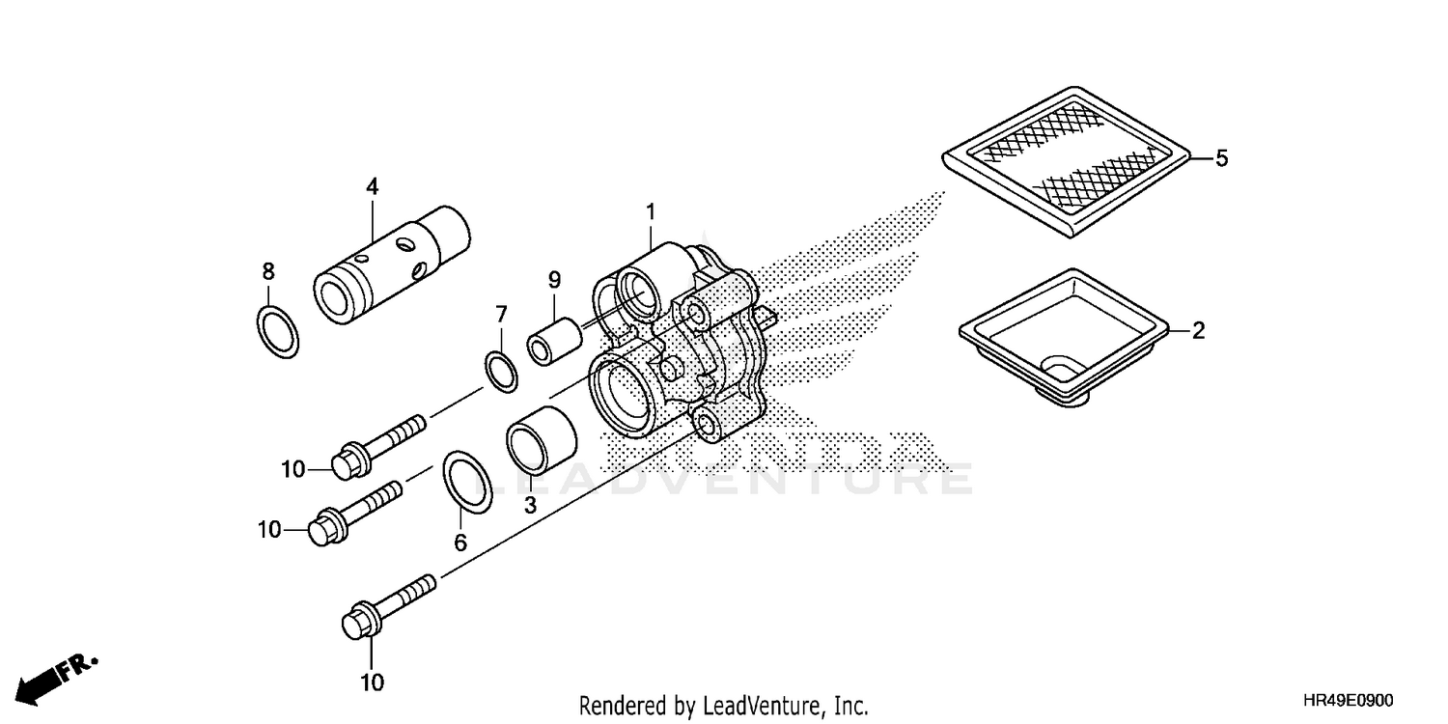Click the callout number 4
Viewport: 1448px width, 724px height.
coord(372,186)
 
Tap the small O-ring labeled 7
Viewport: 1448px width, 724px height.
coord(499,373)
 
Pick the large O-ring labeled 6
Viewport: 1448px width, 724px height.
coord(467,480)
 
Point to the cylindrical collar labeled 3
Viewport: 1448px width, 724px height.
coord(541,437)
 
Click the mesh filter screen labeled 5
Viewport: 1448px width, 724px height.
coord(1067,159)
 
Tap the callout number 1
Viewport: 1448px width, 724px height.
coord(651,210)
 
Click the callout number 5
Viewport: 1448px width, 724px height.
coord(1221,157)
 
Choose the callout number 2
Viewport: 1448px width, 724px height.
coord(1198,331)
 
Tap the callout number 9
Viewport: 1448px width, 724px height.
coord(554,281)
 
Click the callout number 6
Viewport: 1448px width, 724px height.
coord(460,543)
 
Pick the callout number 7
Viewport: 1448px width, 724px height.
coord(501,314)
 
